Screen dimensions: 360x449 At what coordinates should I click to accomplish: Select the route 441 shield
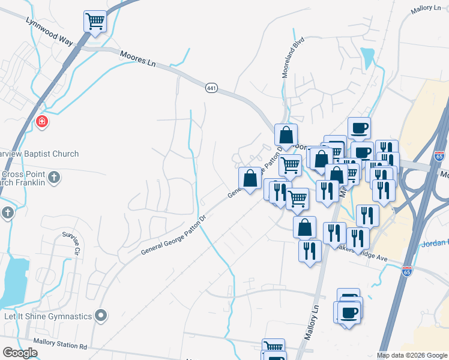(x=211, y=88)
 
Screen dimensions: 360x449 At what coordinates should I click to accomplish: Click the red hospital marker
(x=42, y=122)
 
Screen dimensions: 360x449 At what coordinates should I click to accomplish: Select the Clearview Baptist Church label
(x=39, y=154)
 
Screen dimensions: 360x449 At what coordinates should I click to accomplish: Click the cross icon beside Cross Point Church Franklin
(x=54, y=177)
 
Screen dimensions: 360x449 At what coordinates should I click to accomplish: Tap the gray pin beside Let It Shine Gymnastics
(x=101, y=315)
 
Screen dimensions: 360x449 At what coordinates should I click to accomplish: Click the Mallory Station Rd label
(x=61, y=346)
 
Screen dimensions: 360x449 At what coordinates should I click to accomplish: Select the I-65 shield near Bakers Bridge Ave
(x=407, y=272)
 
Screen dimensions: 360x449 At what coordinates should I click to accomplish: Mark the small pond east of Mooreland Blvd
(x=366, y=57)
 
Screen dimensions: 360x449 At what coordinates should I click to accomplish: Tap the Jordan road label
(x=435, y=243)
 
